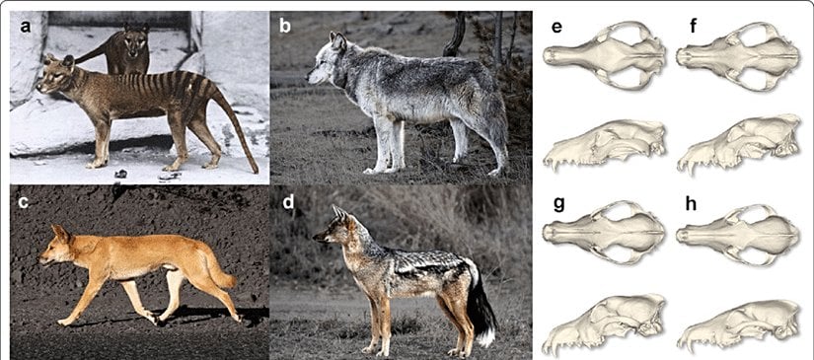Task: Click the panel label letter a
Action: pos(27,27)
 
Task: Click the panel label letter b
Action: pos(285,27)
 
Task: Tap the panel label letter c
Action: pos(25,206)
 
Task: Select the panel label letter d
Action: pos(286,206)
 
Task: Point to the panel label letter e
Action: pos(557,27)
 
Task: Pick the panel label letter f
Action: pos(694,27)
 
